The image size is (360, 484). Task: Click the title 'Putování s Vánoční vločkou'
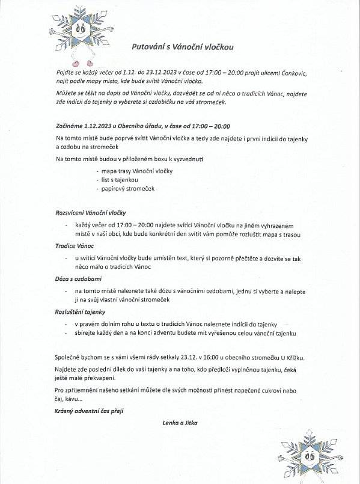[x=182, y=46]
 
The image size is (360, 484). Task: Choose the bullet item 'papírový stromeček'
[x=128, y=188]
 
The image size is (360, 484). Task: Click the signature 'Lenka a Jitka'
[x=180, y=423]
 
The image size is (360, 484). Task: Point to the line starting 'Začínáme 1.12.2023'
[x=142, y=127]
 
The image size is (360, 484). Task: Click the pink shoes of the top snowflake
[x=82, y=62]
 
